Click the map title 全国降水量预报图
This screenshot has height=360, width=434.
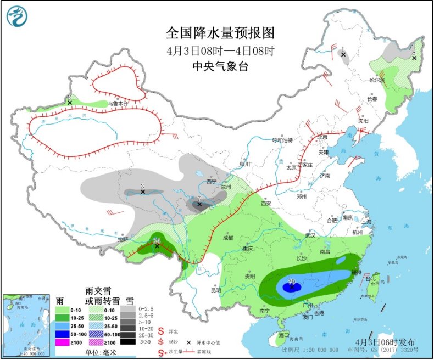point(220,33)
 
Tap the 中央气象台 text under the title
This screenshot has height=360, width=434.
point(220,66)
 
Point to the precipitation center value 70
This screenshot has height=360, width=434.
point(292,282)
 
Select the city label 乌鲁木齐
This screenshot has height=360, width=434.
point(117,103)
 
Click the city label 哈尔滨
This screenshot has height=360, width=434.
point(377,80)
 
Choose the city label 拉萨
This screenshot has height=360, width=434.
point(122,239)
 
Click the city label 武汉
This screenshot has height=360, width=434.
point(310,235)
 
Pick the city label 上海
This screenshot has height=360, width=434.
point(367,222)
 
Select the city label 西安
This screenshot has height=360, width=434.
point(266,203)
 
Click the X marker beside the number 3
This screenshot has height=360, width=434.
point(143,192)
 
